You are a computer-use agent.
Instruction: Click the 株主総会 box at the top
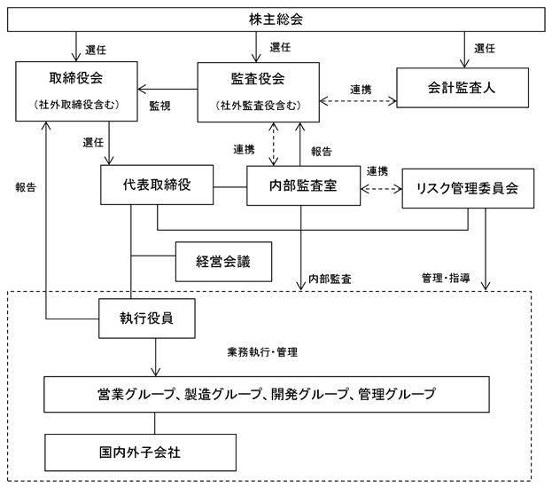pos(276,20)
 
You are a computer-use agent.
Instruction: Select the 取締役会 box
pos(76,91)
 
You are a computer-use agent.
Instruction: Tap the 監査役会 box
pos(259,92)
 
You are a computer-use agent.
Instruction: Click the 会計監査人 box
pos(463,88)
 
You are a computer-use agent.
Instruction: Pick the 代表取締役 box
pos(157,185)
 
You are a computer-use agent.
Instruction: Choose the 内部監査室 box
pos(303,185)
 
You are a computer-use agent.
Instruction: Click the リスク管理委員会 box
pos(468,188)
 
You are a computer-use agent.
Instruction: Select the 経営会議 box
pos(223,262)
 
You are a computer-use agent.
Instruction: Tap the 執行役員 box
pos(147,319)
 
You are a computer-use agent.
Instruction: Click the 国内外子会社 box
pos(141,453)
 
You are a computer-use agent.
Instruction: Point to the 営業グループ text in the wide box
pos(136,394)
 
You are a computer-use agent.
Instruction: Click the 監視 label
pos(159,106)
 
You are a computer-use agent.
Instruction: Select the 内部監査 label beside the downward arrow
pos(330,279)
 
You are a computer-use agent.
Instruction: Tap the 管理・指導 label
pos(446,279)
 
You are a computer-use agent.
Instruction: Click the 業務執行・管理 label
pos(262,352)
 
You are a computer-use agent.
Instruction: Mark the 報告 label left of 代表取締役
pos(26,187)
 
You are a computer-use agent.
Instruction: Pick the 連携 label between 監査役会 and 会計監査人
pos(361,90)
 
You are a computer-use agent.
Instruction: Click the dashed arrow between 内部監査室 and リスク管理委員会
pos(381,189)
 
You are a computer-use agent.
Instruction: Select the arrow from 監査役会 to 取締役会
pos(167,90)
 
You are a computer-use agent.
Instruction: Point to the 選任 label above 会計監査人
pos(485,48)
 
